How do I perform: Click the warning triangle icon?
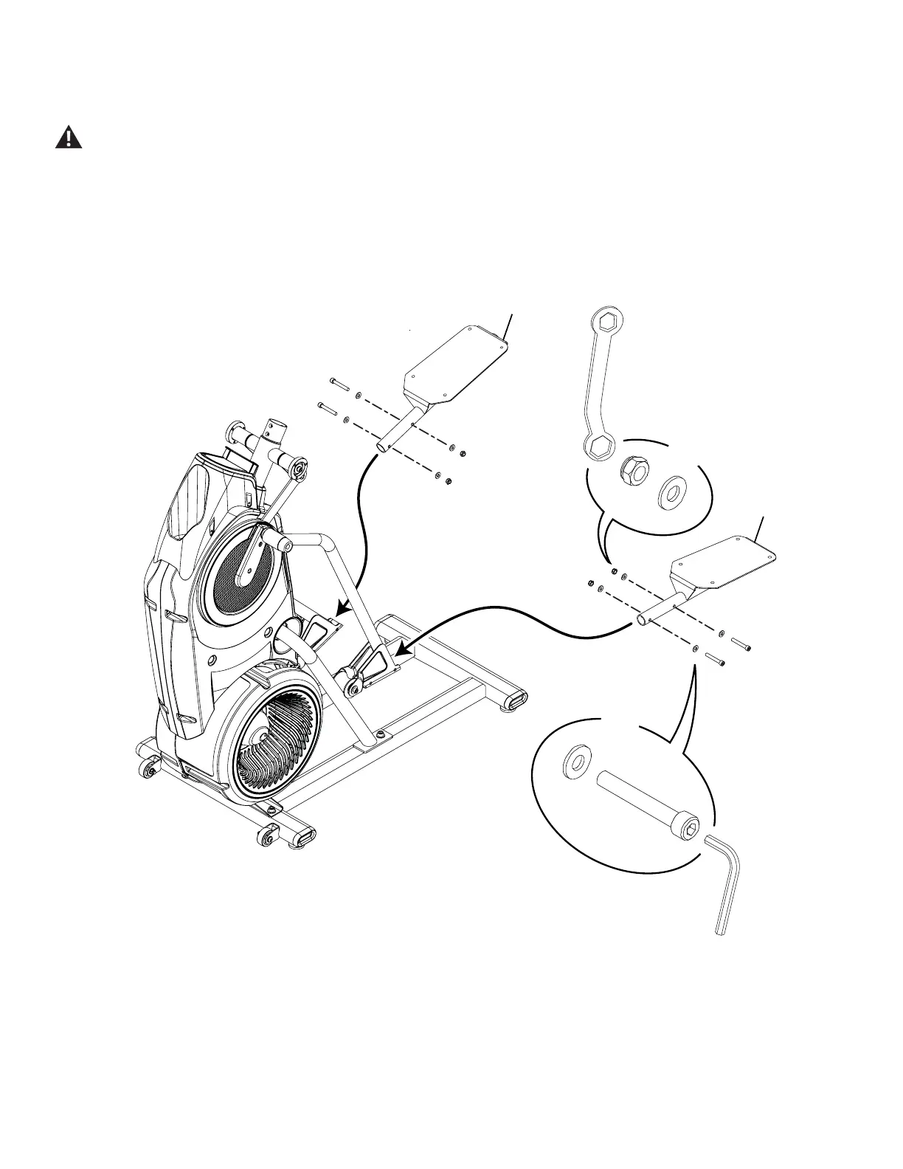coord(69,137)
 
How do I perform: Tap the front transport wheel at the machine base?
coord(267,838)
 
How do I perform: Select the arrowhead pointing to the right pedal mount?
coord(399,649)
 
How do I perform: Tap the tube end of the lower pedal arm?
coord(643,621)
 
